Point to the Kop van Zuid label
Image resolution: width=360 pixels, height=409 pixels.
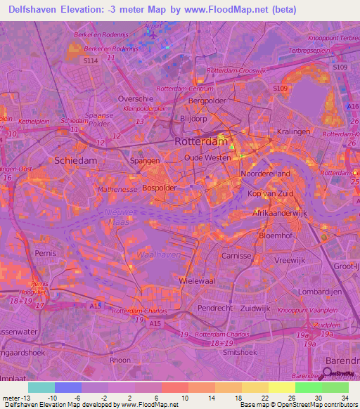pos(266,193)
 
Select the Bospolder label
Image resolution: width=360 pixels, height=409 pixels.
pos(159,188)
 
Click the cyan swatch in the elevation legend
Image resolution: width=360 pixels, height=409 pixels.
pos(41,387)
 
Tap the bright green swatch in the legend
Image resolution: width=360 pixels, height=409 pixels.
pos(308,387)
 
